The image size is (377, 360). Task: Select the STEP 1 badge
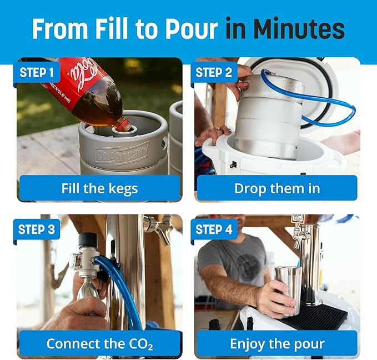coord(37,72)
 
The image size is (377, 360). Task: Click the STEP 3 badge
coord(37,229)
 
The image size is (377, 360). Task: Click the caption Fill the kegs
coord(100,188)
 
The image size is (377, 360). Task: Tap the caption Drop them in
coord(277,188)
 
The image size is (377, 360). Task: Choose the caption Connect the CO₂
coord(100,343)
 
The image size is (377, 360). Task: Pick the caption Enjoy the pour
coord(277,343)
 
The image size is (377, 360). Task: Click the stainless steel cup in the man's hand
coord(289,286)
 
